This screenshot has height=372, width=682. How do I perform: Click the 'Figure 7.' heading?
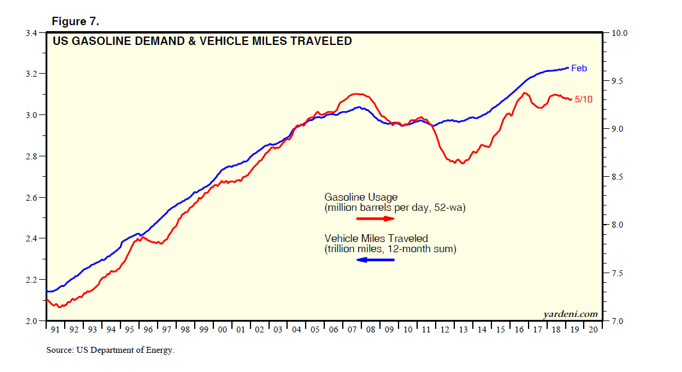point(75,22)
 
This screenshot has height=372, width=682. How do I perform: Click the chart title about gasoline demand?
point(202,41)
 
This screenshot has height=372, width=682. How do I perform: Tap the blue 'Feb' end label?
point(579,68)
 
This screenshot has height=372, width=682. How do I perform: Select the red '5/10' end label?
point(583,99)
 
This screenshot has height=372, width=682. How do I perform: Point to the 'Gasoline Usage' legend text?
point(361,197)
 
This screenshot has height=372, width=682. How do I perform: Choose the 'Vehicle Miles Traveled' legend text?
point(376,238)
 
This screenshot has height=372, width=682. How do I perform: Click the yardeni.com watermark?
point(570,314)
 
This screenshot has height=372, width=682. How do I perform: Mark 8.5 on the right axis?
point(618,177)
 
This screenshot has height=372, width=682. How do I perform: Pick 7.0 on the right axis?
point(618,322)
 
